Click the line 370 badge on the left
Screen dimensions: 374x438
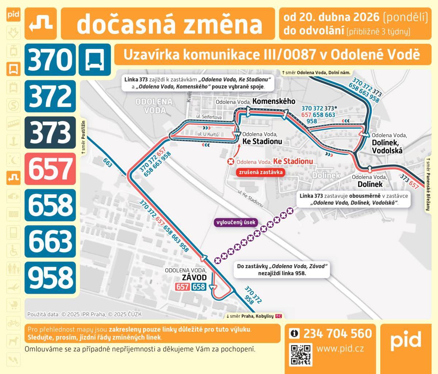pos(50,60)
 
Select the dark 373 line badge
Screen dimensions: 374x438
pos(50,132)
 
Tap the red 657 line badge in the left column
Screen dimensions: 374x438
pos(50,168)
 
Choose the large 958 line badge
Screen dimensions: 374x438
pos(50,277)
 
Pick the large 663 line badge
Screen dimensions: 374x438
pos(50,241)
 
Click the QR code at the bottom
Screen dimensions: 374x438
pos(301,354)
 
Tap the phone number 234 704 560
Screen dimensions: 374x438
pos(337,333)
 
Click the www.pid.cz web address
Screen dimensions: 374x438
pos(340,348)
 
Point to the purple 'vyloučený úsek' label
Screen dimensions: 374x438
pos(236,222)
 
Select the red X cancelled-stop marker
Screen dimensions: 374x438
pos(230,162)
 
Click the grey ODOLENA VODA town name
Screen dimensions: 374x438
pos(150,106)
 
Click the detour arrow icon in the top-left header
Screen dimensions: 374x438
pos(41,23)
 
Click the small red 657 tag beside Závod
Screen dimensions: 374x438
pos(182,287)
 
